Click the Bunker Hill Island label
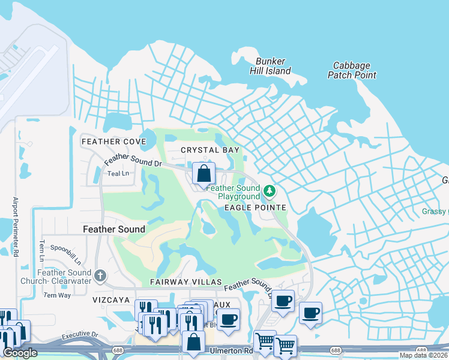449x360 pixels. click(x=270, y=66)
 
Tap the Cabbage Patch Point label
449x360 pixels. click(x=352, y=70)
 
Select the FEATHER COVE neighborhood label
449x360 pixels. click(x=113, y=141)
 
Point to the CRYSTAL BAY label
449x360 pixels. click(x=210, y=150)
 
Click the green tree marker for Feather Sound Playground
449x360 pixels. click(x=270, y=191)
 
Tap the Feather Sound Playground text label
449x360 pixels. click(x=233, y=192)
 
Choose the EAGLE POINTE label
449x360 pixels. click(x=255, y=208)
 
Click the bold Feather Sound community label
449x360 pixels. click(x=113, y=229)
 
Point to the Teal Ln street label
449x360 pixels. click(x=118, y=173)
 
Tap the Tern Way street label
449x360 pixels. click(x=57, y=295)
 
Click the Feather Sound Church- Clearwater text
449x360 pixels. click(x=64, y=277)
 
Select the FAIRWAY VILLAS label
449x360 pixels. click(x=186, y=282)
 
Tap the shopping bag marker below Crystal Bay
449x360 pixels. click(x=204, y=173)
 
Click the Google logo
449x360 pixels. click(x=20, y=353)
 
